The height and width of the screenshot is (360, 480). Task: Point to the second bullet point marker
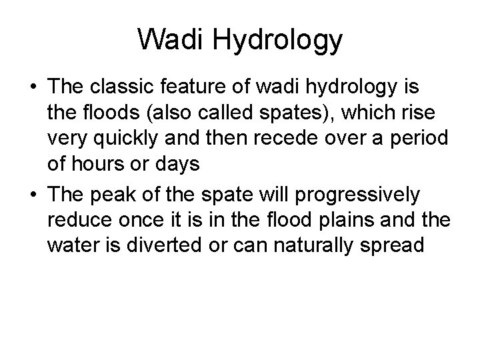[32, 195]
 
